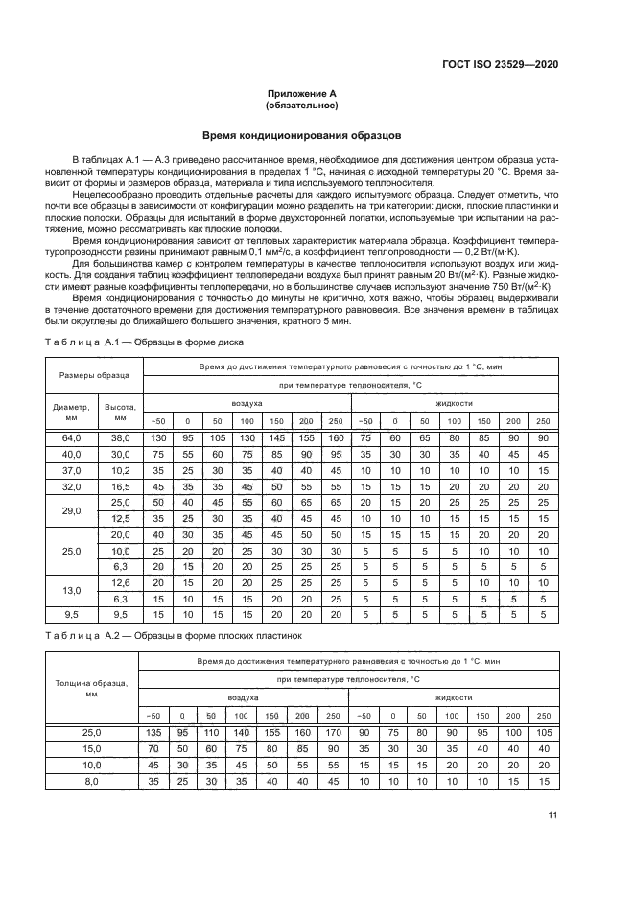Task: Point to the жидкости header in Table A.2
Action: pyautogui.click(x=453, y=697)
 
